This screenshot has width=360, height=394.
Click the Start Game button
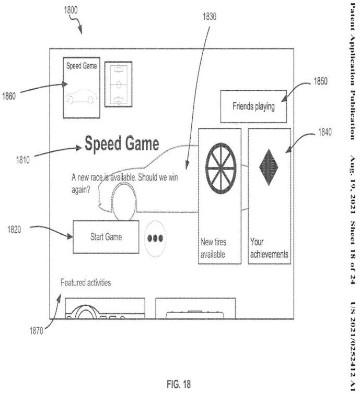point(106,237)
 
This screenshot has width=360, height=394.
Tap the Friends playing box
point(253,106)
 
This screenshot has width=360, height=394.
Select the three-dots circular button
point(156,238)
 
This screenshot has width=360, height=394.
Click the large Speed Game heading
point(122,145)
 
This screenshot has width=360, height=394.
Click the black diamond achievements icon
point(269,166)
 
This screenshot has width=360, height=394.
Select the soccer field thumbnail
point(118,84)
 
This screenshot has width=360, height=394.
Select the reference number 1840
point(324,133)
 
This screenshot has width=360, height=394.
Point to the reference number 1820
point(14,230)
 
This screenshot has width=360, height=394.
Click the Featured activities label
point(86,283)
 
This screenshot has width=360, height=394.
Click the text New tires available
point(213,248)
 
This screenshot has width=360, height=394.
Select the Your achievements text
point(269,248)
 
